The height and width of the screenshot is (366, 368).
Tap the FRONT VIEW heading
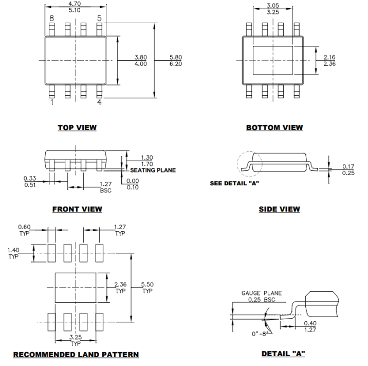pyautogui.click(x=77, y=209)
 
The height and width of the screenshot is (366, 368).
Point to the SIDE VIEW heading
pyautogui.click(x=279, y=209)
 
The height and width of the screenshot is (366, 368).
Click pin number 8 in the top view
pyautogui.click(x=51, y=18)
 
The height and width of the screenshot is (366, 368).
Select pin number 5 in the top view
pyautogui.click(x=99, y=18)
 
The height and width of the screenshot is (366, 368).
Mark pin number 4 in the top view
pyautogui.click(x=99, y=102)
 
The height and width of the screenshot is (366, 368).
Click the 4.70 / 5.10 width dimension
pyautogui.click(x=75, y=6)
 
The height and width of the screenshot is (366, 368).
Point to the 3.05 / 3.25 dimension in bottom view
pyautogui.click(x=273, y=7)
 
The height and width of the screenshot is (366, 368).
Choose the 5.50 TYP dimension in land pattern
pyautogui.click(x=147, y=286)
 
